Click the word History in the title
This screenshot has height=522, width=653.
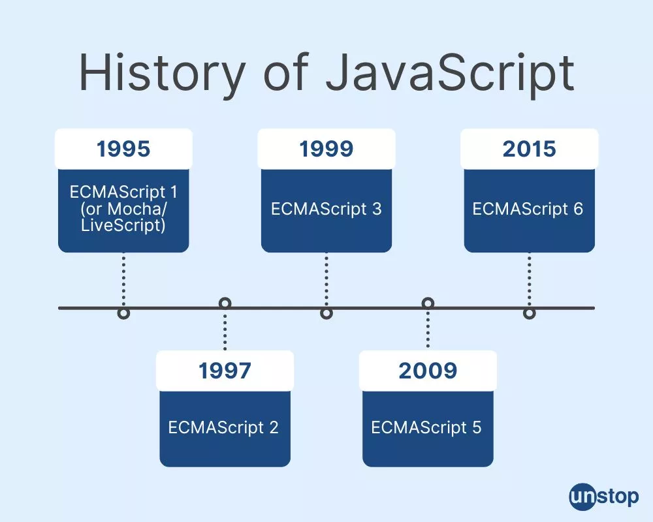tap(162, 72)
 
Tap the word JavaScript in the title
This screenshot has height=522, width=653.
tap(450, 72)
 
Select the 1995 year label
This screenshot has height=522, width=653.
tap(123, 149)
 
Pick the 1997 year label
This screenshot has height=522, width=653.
tap(225, 371)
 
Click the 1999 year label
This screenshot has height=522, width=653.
tap(326, 149)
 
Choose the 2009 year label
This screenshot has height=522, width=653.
tap(428, 371)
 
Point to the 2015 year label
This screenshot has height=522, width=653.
tap(530, 149)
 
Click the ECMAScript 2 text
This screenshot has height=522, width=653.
tap(223, 427)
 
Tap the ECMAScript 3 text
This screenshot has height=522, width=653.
tap(326, 209)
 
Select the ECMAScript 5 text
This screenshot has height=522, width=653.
tap(426, 427)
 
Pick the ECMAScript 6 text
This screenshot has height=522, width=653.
tap(528, 209)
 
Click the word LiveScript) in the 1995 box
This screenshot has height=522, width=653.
tap(123, 226)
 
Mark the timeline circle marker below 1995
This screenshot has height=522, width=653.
tap(123, 313)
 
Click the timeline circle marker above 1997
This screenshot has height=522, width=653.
tap(225, 303)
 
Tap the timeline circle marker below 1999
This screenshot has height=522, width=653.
tap(326, 313)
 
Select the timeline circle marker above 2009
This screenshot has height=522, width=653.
tap(428, 303)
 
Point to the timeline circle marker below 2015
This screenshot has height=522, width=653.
tap(530, 313)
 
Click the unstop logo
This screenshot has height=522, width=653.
tap(604, 497)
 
